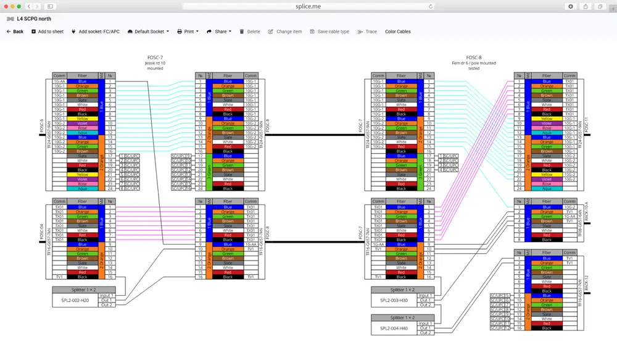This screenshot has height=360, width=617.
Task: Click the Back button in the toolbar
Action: click(x=15, y=31)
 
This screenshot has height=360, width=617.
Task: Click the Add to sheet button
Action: click(x=48, y=31)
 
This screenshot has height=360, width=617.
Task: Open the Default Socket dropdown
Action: click(x=148, y=31)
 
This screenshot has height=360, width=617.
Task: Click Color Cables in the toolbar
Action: click(x=397, y=31)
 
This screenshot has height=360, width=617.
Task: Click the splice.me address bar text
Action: click(x=308, y=6)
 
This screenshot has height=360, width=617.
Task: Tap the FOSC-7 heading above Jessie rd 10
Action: click(x=155, y=57)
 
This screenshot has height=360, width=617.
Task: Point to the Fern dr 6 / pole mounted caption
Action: click(x=474, y=63)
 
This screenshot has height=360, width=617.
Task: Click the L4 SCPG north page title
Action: click(x=35, y=19)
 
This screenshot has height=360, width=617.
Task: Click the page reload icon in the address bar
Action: click(x=431, y=6)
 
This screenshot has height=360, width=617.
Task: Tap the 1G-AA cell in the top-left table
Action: click(x=59, y=81)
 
